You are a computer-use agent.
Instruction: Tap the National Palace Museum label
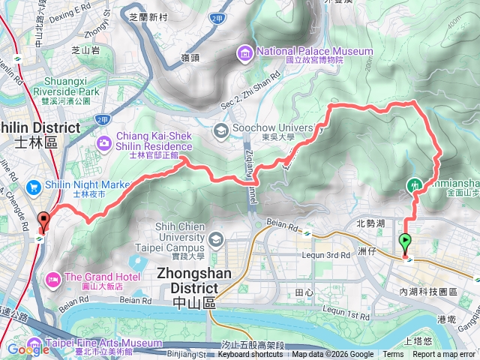point(314,51)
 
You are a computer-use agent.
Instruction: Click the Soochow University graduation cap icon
point(220,130)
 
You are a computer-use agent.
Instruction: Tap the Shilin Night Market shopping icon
point(33,186)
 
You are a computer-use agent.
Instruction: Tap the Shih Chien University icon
point(217,239)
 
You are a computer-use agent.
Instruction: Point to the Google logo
point(28,349)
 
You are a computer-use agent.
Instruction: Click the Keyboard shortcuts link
point(250,355)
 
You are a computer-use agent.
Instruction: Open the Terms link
point(393,355)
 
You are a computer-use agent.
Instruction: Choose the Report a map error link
point(444,355)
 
